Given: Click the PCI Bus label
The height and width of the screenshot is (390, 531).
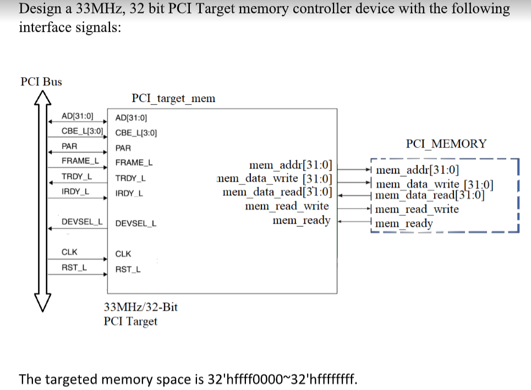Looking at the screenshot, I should [x=41, y=82].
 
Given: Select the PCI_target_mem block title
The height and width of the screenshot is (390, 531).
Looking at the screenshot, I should [x=173, y=99].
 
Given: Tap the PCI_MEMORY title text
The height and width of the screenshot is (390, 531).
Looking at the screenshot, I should [x=446, y=144].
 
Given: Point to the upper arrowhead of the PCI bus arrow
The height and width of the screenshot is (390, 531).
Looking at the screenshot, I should [x=42, y=97].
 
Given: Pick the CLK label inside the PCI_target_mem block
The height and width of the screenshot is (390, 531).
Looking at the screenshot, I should [x=123, y=254].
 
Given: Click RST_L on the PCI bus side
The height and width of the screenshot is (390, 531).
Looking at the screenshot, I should [x=74, y=267].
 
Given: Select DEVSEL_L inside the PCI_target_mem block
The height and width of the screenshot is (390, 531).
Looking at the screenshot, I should [x=136, y=224].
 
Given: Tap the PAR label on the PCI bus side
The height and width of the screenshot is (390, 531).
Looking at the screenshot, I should [x=69, y=146].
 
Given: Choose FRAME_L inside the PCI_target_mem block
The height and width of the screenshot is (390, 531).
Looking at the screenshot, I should [x=134, y=162].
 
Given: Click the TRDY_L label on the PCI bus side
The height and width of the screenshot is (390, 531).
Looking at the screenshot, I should [x=76, y=176].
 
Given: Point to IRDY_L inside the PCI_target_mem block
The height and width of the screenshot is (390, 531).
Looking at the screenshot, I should [x=130, y=194].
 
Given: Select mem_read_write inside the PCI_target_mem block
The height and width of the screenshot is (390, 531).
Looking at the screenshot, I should [x=287, y=206].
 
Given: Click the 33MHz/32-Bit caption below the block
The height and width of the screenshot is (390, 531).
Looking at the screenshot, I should [x=140, y=307].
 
